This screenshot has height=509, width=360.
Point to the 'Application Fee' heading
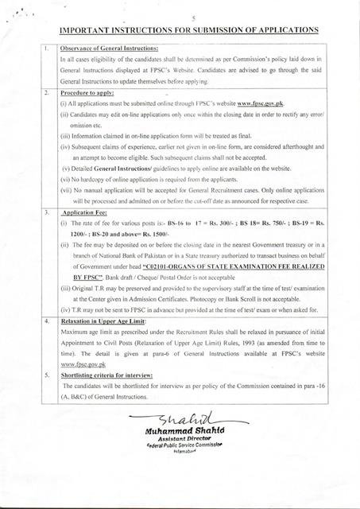(x=86, y=214)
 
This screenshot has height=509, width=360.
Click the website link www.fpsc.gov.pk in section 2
(x=259, y=104)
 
